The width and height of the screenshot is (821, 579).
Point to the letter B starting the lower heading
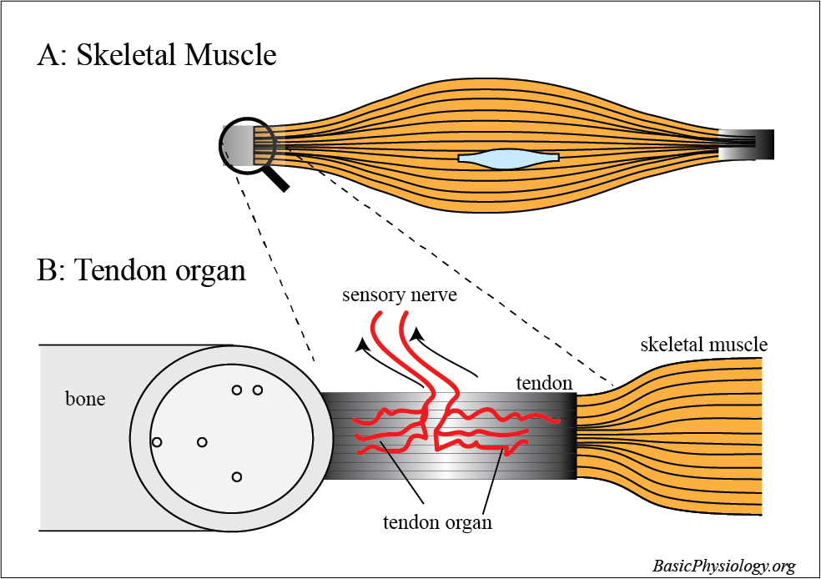(x=48, y=271)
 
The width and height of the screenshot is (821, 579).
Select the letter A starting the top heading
(x=48, y=56)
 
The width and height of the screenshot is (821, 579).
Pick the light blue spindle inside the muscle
(x=508, y=158)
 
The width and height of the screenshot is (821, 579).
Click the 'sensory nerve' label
(x=399, y=296)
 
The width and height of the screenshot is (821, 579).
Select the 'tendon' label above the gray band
(x=544, y=383)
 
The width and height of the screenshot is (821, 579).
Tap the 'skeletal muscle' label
(x=703, y=345)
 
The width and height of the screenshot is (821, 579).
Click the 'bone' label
(x=85, y=399)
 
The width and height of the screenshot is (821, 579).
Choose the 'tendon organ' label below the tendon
(x=437, y=523)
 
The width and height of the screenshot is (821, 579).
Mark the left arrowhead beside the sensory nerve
(x=360, y=344)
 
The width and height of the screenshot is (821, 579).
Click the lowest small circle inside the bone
(x=237, y=476)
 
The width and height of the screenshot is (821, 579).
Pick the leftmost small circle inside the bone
(x=156, y=441)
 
